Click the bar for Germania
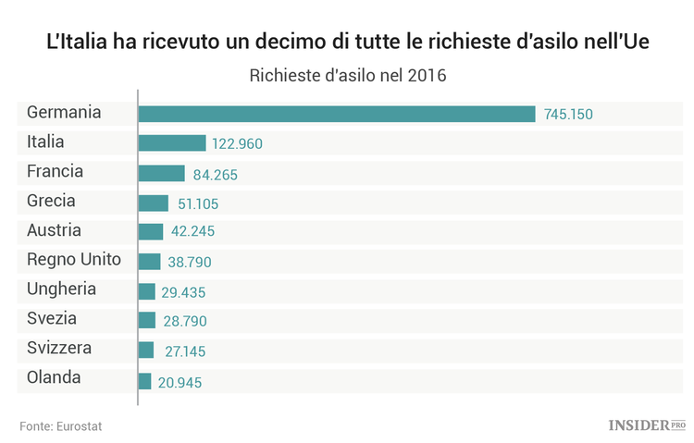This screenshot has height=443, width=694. point(337,114)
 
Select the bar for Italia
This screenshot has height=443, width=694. point(172,143)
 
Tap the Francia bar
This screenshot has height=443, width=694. point(162,173)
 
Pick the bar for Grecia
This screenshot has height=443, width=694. point(154,203)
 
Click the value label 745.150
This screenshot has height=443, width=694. point(568,115)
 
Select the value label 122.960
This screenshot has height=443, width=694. point(238,144)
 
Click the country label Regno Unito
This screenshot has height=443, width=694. point(74,260)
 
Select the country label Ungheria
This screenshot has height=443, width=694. point(62,289)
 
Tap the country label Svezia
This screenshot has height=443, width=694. point(52,319)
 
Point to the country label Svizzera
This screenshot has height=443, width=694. point(59,349)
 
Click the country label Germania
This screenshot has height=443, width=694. point(64,113)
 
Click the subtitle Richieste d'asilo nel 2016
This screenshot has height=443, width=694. point(347,75)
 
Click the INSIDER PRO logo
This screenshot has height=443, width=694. point(647,425)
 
